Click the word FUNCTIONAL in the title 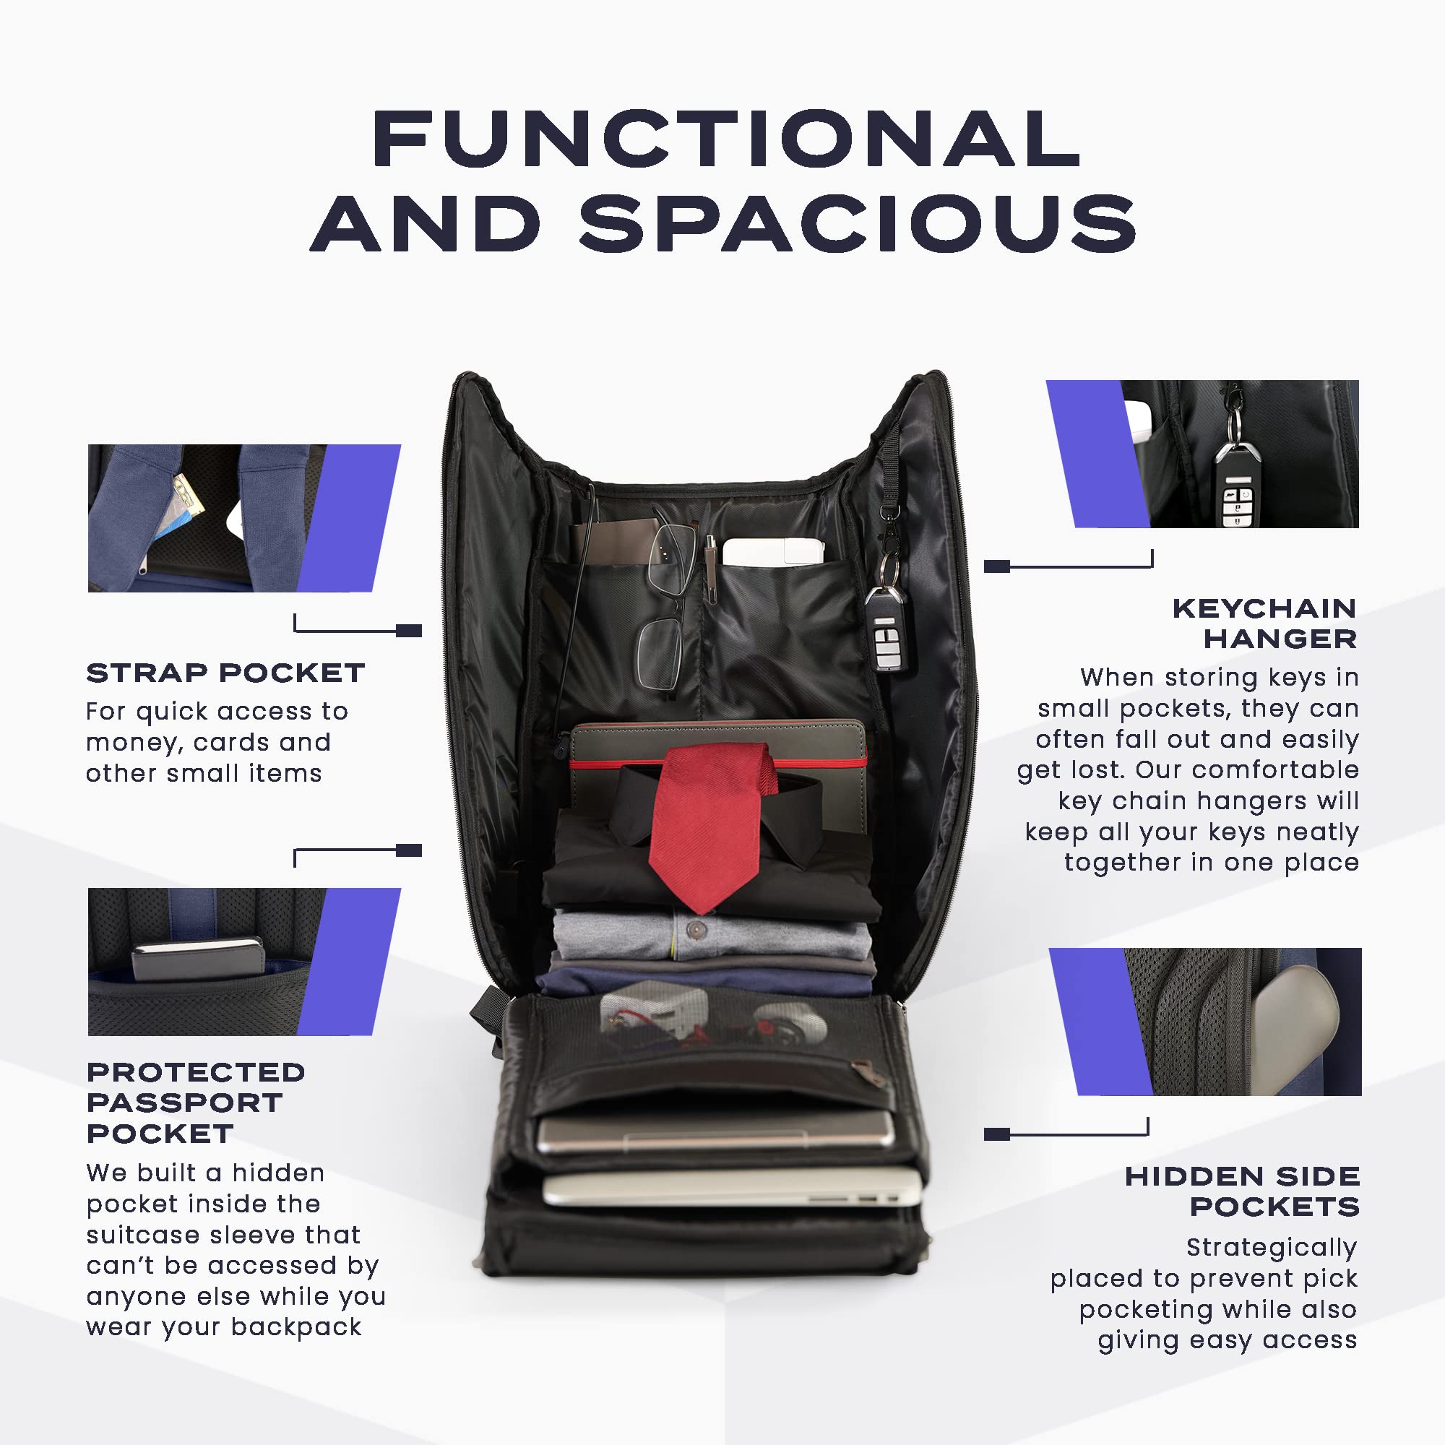(726, 139)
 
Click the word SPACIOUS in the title (858, 223)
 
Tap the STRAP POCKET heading (226, 673)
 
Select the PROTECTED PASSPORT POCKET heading (196, 1103)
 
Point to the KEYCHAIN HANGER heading (1264, 624)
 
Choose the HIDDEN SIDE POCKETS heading (1242, 1191)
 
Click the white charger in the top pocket (773, 552)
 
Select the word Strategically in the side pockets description (1272, 1247)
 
